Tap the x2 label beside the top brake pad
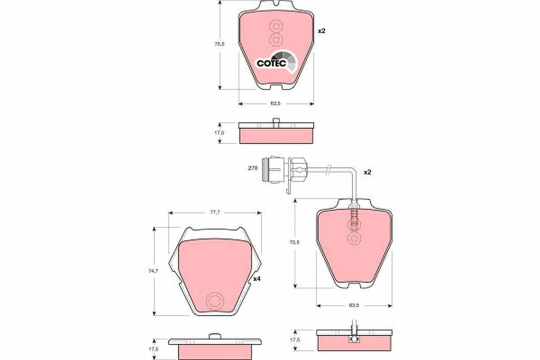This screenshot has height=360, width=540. click(x=321, y=31)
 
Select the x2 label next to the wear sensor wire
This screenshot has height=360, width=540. click(x=367, y=172)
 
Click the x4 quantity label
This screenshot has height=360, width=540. click(x=256, y=279)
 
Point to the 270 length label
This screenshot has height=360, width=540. click(x=252, y=168)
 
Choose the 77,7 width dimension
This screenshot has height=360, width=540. click(x=214, y=212)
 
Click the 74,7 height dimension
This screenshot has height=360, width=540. click(x=153, y=271)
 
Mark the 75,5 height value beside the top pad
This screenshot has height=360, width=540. click(x=219, y=44)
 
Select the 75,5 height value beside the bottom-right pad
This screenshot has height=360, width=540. click(x=295, y=242)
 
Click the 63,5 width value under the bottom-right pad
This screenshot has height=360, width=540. click(x=354, y=305)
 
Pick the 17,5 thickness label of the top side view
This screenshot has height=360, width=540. click(x=219, y=133)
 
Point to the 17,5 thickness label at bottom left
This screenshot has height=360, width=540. click(x=153, y=349)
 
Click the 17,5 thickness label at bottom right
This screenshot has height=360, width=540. click(x=295, y=340)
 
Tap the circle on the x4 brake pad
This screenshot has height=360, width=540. click(x=215, y=300)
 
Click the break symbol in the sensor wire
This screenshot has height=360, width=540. click(x=328, y=170)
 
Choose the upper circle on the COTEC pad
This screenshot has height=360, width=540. click(x=276, y=25)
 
